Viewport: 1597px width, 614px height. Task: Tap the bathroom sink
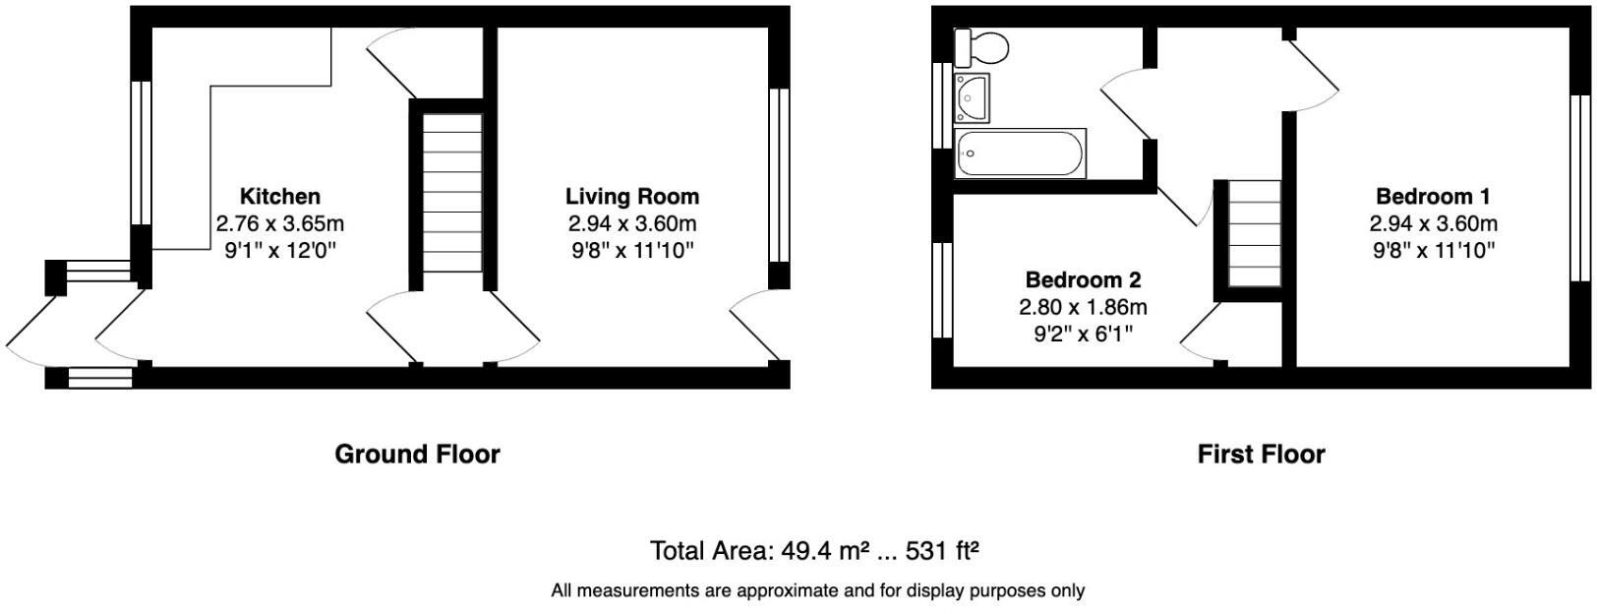[974, 96]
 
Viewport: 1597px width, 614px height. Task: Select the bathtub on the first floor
[1020, 153]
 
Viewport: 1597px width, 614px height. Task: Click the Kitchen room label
[280, 197]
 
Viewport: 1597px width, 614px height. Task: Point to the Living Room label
[632, 197]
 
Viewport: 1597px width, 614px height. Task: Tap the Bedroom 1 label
[1433, 197]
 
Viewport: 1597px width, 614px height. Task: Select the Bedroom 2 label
[1083, 280]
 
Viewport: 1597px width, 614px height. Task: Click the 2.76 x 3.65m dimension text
[280, 223]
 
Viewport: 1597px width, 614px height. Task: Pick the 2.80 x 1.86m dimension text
[1083, 307]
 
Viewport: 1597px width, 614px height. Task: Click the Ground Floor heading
[417, 455]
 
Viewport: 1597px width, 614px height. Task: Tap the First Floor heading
[1261, 455]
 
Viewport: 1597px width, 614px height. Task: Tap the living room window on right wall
[779, 175]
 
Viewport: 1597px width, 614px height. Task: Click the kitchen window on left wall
[142, 153]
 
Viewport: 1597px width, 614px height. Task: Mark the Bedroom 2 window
[942, 289]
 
